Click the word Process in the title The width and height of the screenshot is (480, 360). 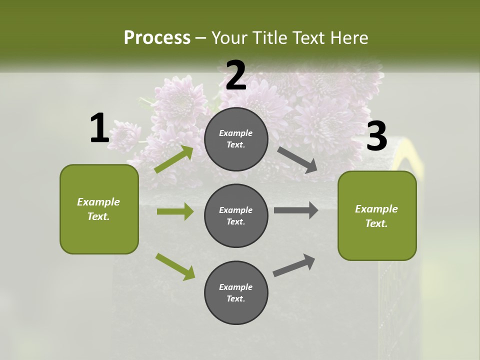[x=157, y=38]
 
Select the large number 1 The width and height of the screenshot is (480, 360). [x=99, y=128]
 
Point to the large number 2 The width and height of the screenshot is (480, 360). [x=236, y=76]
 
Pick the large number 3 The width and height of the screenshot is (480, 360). [x=376, y=136]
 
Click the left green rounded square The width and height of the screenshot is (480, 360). [x=99, y=209]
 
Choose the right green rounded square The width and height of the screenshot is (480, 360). [x=377, y=216]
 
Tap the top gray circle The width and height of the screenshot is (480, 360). [x=236, y=139]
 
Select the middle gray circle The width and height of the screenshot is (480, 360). [x=236, y=215]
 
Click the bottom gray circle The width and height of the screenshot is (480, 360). [x=236, y=292]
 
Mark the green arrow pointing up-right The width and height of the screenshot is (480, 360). [x=174, y=159]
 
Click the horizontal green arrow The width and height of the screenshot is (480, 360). [x=175, y=211]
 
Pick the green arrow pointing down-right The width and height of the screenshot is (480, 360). [x=175, y=266]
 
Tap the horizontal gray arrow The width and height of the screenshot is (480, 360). [x=295, y=210]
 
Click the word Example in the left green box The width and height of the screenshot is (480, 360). [x=98, y=202]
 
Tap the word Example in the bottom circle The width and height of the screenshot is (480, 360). [x=236, y=287]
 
